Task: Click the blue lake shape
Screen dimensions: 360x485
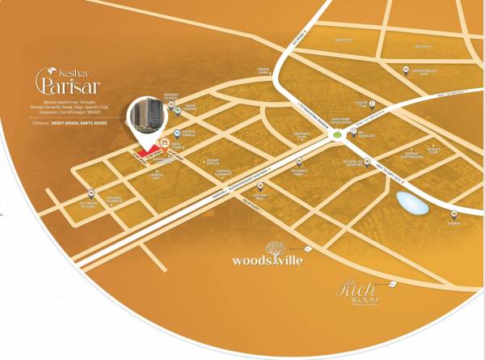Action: point(412,203)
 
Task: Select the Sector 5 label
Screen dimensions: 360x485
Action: point(342,38)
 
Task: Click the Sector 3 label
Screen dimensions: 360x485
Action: point(423,46)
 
